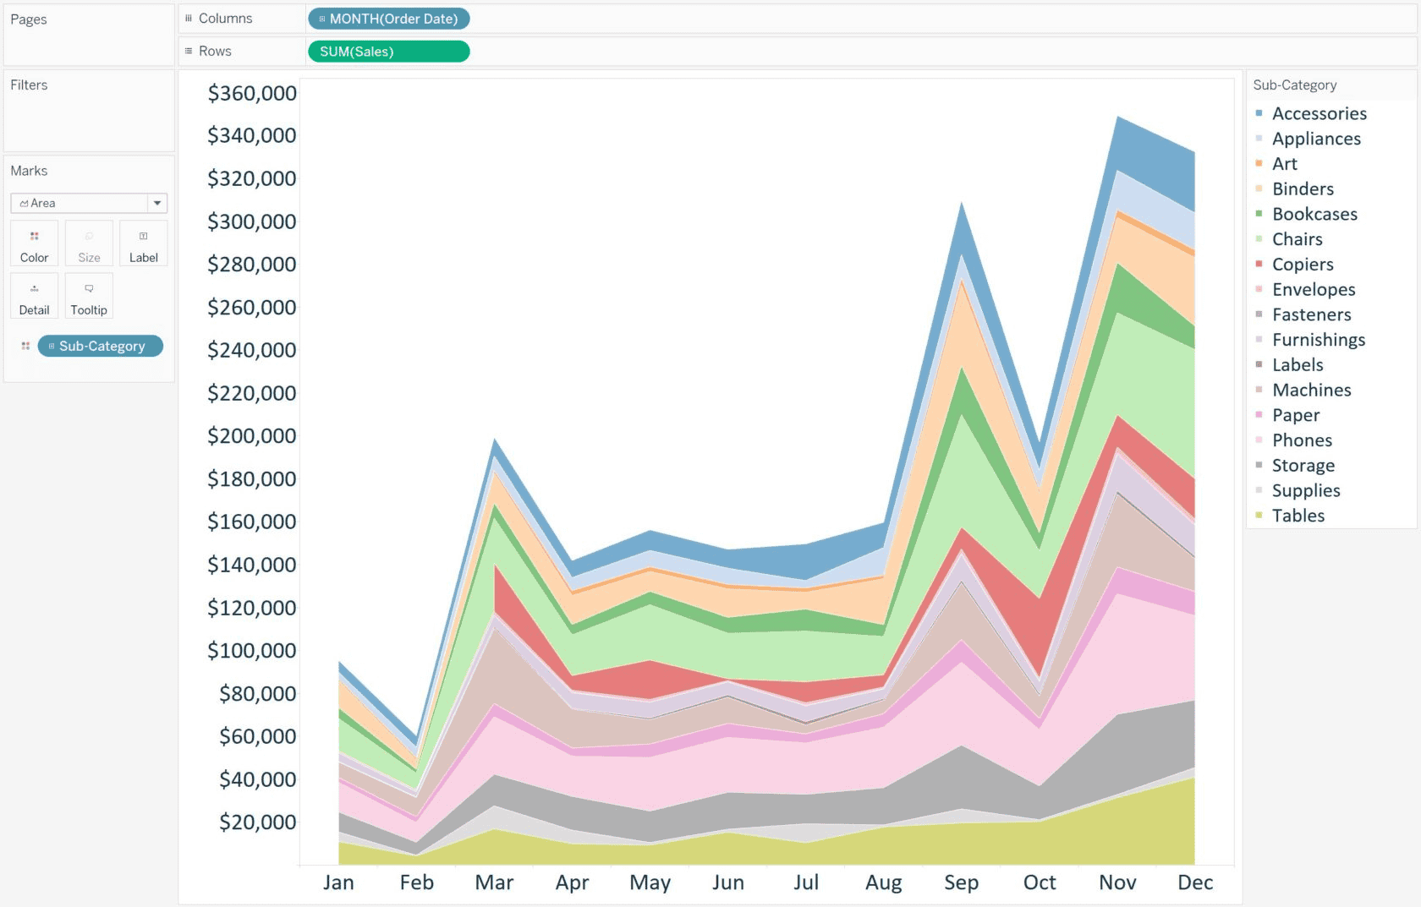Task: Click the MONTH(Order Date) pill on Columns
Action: [x=389, y=19]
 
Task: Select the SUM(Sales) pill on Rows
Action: [x=388, y=52]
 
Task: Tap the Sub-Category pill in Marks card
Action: [x=101, y=346]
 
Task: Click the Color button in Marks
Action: [x=35, y=243]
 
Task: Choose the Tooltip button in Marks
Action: [x=89, y=296]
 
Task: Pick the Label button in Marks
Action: [x=143, y=243]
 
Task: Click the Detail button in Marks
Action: [x=35, y=296]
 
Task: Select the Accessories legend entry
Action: [x=1319, y=113]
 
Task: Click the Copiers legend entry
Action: [x=1303, y=265]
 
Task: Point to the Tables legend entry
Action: [x=1298, y=516]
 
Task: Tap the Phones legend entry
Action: [x=1302, y=440]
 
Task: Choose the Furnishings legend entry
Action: [x=1318, y=340]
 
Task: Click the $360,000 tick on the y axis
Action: [x=252, y=93]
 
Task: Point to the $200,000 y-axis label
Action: [x=252, y=436]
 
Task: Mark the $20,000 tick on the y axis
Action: [x=257, y=822]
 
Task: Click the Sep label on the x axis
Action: [x=962, y=882]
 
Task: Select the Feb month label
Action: [x=416, y=882]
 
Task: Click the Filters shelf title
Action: [x=29, y=85]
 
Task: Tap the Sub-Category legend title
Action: [x=1294, y=85]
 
